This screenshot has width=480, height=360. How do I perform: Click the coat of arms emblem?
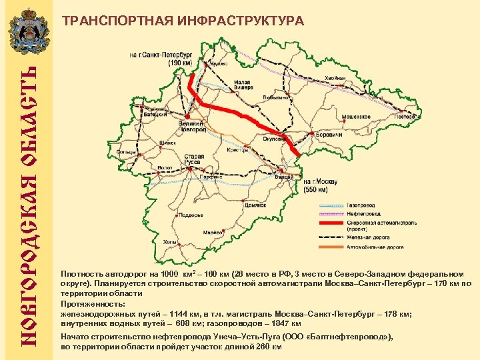click(26, 30)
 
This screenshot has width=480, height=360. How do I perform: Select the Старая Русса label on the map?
click(194, 159)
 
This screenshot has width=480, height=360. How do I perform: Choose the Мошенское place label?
click(356, 116)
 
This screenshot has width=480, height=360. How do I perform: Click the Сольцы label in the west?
click(125, 152)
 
